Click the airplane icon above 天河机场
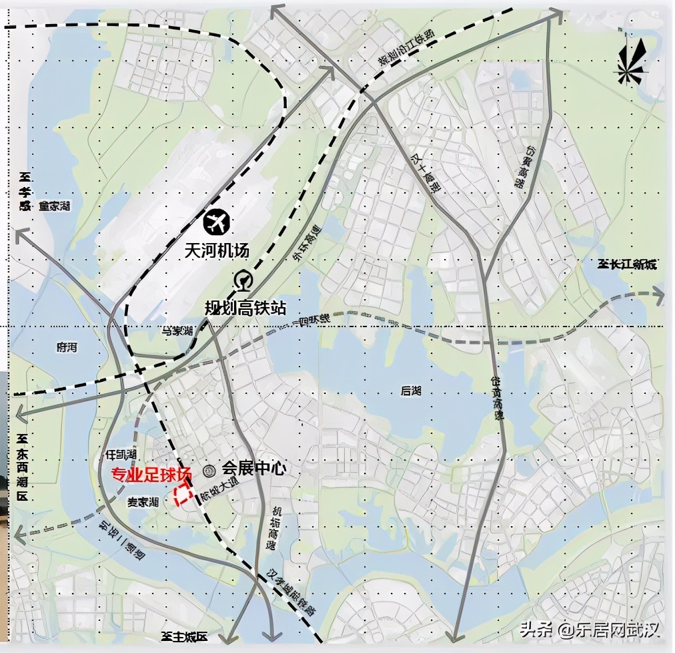[x=216, y=222]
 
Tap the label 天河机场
[x=217, y=252]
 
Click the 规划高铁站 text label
[x=245, y=308]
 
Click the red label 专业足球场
[x=150, y=475]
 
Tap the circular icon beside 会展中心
[x=209, y=470]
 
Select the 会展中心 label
[x=254, y=469]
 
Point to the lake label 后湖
[x=412, y=391]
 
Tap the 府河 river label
[x=67, y=347]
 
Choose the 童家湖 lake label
[x=54, y=207]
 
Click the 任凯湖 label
[x=121, y=454]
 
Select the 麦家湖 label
[x=143, y=501]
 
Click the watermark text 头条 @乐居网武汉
[x=589, y=630]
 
